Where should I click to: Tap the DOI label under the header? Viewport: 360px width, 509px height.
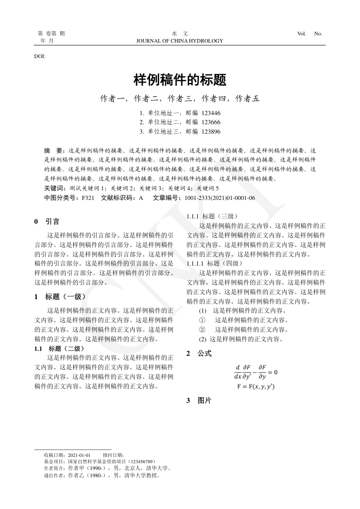click(x=39, y=56)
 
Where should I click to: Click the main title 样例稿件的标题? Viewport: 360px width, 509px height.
click(x=180, y=81)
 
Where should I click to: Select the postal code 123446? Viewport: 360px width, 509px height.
click(x=211, y=112)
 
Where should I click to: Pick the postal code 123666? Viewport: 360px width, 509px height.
click(x=211, y=122)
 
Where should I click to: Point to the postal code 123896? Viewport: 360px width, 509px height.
click(x=211, y=131)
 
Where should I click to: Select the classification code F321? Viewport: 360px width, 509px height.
click(x=88, y=198)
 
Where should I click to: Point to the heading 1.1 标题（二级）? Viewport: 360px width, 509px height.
click(x=59, y=349)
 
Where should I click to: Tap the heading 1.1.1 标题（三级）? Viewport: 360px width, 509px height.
click(x=209, y=216)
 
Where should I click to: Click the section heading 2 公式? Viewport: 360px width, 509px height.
click(x=199, y=353)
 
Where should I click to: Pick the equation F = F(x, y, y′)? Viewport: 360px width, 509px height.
click(x=256, y=387)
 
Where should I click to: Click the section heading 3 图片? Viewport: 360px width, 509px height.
click(x=199, y=401)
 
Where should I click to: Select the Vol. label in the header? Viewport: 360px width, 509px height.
click(x=302, y=34)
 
